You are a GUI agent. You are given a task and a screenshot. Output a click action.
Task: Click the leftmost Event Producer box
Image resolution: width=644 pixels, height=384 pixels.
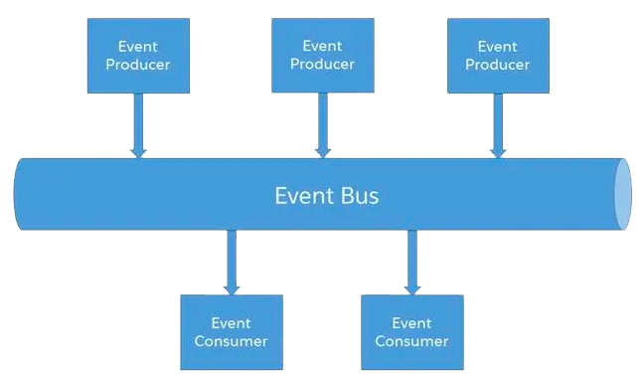point(138,56)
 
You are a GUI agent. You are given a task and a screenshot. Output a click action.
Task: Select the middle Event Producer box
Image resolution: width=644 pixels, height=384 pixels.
point(322,56)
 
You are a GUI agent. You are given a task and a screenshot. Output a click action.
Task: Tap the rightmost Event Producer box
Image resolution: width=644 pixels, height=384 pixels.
point(498,56)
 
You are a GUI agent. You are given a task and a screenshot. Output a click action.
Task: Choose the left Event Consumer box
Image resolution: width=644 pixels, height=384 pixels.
point(231,332)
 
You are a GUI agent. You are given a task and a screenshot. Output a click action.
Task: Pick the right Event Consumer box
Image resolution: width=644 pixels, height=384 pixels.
point(411,332)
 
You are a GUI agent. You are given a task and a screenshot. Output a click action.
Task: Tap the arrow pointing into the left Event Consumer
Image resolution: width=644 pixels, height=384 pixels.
point(231,262)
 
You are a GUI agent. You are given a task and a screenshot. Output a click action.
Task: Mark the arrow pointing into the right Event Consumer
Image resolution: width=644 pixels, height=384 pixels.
point(411,262)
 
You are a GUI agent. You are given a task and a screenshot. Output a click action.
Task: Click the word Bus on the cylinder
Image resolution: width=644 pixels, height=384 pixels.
point(358,195)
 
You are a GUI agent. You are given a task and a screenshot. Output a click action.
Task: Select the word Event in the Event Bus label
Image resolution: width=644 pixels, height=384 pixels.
point(303,195)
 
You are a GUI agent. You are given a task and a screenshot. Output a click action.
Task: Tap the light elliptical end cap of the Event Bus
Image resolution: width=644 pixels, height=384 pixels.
point(622,194)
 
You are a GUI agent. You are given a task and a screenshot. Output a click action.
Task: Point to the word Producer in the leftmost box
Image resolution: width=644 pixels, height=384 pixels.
point(138,65)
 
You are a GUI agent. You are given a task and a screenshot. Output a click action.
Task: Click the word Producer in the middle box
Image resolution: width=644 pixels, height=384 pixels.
point(322,64)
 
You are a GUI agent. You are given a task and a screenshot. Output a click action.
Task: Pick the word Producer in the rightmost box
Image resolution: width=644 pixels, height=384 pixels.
point(498,65)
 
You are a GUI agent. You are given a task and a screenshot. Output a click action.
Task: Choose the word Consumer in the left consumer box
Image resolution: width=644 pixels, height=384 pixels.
point(231,341)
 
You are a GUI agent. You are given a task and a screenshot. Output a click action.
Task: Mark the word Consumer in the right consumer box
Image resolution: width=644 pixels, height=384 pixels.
point(411,341)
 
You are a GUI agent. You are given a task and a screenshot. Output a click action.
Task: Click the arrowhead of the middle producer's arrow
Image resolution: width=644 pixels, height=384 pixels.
point(322,151)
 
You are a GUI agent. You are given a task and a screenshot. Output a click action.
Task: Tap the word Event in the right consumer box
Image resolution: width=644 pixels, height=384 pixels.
point(411,323)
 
